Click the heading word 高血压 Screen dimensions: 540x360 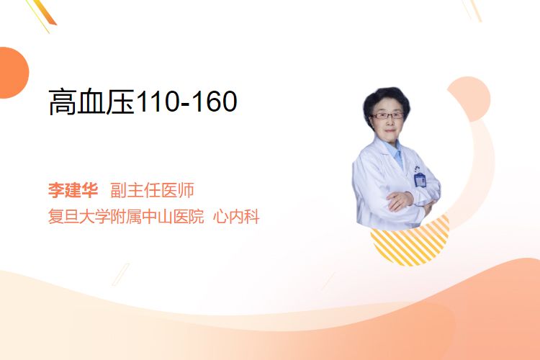click(x=91, y=102)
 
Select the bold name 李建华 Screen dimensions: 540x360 click(x=73, y=190)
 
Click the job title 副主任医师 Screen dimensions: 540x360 click(x=152, y=190)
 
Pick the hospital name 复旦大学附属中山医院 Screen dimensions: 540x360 click(x=126, y=216)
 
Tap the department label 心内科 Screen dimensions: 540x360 click(x=236, y=216)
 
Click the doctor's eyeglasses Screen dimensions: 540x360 click(x=387, y=115)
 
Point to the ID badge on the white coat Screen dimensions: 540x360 click(x=420, y=179)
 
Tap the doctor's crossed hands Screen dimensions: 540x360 click(x=401, y=200)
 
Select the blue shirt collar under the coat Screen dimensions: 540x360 click(x=395, y=152)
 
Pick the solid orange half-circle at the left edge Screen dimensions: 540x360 click(x=14, y=73)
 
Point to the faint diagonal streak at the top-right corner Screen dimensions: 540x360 click(x=472, y=10)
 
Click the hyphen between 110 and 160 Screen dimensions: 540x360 click(x=186, y=104)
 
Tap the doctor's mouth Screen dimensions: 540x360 click(x=389, y=130)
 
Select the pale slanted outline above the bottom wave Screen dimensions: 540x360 click(x=121, y=274)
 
